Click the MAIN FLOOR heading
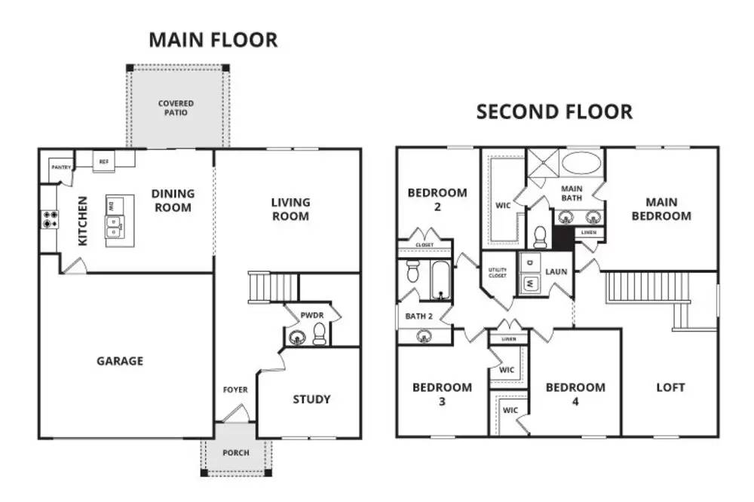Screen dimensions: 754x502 (x=213, y=40)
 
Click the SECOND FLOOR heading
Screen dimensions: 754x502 (x=554, y=112)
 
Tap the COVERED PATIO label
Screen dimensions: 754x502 (x=176, y=108)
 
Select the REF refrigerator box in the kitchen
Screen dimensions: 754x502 (x=104, y=162)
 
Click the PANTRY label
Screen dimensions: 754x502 (x=61, y=167)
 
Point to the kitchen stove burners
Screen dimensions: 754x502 (x=50, y=219)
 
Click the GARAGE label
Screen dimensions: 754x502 (x=120, y=361)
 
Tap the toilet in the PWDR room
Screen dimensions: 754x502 (x=319, y=334)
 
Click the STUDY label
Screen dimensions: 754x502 (x=311, y=399)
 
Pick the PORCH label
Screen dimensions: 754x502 (x=235, y=453)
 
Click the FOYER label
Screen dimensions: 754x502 (x=235, y=390)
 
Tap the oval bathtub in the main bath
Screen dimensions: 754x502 (x=581, y=163)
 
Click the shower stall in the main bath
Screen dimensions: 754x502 (x=544, y=163)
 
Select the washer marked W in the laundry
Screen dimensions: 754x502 (x=529, y=284)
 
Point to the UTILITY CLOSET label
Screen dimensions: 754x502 (x=497, y=273)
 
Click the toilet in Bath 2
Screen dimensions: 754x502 (x=413, y=271)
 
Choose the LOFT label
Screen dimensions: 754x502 (x=670, y=387)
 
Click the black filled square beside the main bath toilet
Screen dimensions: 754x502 (x=563, y=238)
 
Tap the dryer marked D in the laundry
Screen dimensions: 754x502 (x=529, y=262)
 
